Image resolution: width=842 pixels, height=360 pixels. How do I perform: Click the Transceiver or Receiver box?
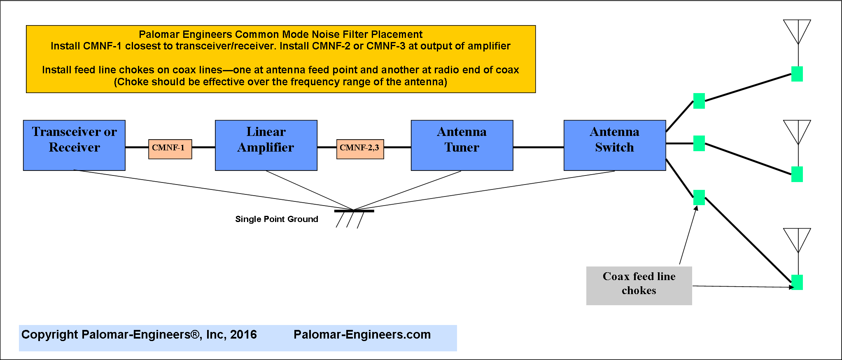[74, 145]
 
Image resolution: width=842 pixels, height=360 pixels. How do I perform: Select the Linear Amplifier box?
[266, 145]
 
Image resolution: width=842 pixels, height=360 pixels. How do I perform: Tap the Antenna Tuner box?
[462, 145]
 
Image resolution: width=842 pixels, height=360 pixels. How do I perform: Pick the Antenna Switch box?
[615, 145]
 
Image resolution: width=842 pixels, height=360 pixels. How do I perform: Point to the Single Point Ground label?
[277, 219]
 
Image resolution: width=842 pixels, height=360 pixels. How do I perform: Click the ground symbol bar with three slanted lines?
[354, 218]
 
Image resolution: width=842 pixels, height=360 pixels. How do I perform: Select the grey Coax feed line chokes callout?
[639, 286]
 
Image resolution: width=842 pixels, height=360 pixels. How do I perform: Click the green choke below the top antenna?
[797, 74]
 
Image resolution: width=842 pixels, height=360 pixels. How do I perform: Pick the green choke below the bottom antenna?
[797, 283]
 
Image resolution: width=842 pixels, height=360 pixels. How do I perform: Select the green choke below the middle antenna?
[797, 174]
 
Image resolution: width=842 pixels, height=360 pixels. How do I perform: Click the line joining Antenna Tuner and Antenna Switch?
[539, 147]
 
